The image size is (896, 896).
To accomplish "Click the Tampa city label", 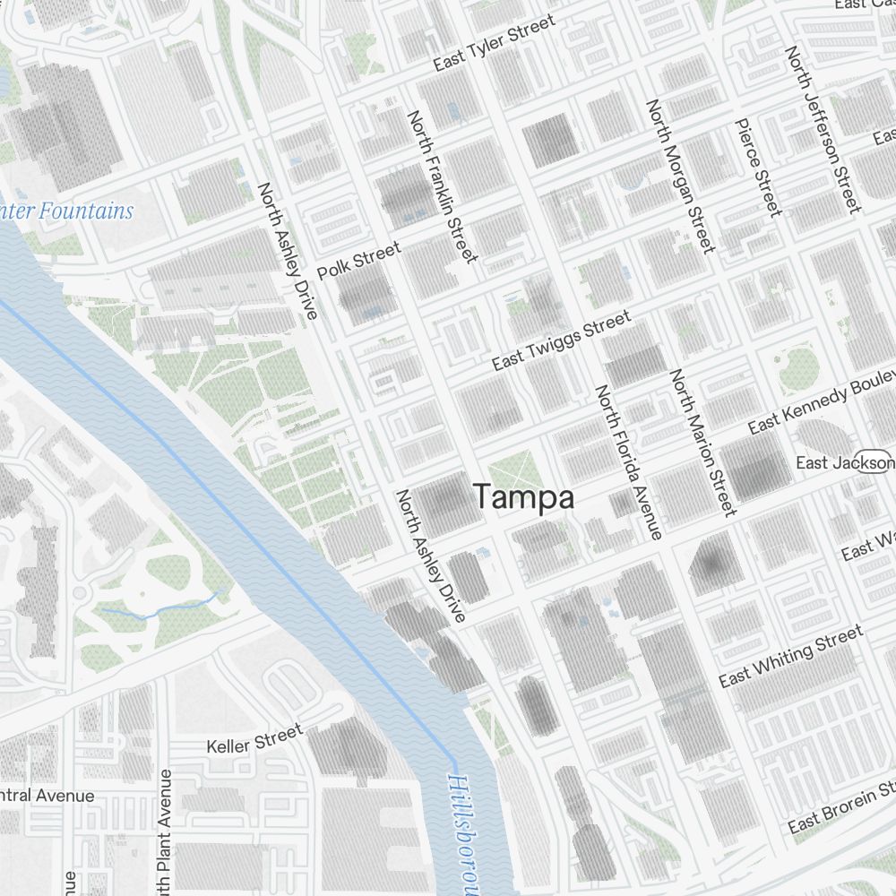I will pos(523,497).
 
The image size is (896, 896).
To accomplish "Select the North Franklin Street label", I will pos(443,186).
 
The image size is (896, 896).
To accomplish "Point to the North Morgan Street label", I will pos(680,176).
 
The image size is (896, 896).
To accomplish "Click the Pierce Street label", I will pos(758,168).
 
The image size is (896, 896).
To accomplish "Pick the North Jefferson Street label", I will pos(823,130).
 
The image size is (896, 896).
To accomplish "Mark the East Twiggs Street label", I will pos(562,340).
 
